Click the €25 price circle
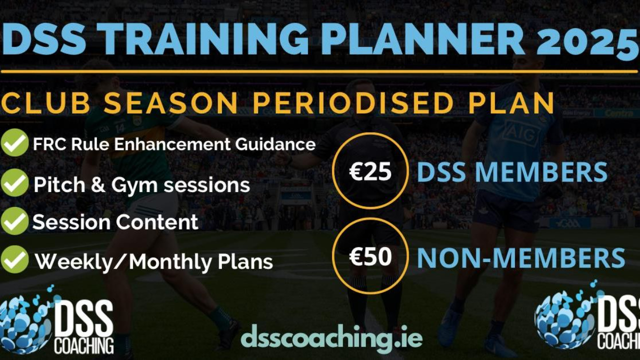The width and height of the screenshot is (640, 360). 370,171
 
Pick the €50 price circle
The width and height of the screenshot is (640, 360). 370,255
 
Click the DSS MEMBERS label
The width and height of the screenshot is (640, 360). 512,172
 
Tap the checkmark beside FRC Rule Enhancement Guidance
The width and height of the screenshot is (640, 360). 14,142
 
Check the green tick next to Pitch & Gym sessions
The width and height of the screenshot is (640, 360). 14,182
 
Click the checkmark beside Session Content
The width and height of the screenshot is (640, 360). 14,221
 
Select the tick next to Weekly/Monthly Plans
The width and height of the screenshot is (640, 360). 14,259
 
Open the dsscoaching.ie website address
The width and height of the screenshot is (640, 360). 331,339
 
